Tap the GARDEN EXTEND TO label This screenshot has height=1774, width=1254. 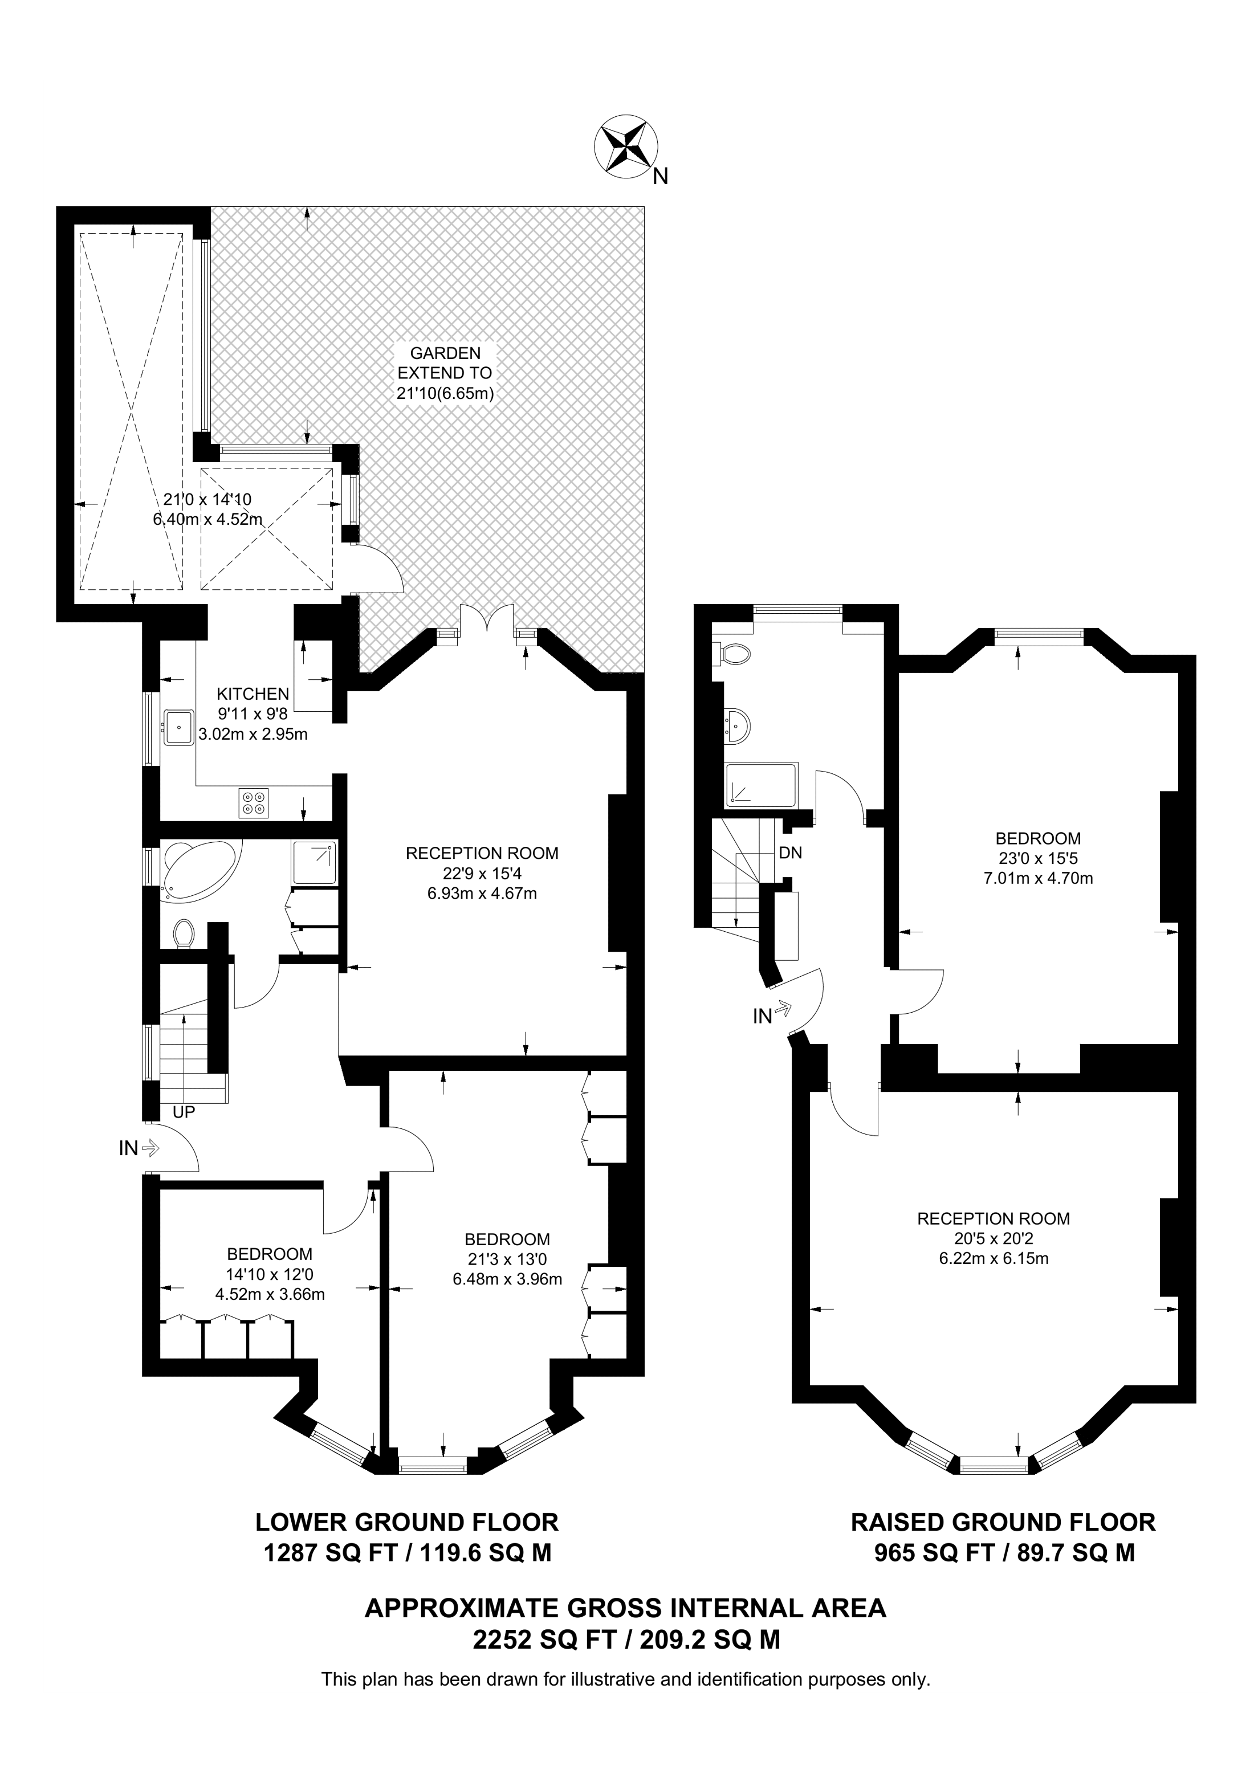click(445, 373)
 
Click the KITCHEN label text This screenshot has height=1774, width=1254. click(253, 694)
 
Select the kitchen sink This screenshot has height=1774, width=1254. click(179, 728)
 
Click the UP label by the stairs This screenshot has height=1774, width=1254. click(184, 1112)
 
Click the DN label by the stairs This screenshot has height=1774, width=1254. click(791, 853)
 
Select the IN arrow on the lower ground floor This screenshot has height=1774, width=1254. click(139, 1149)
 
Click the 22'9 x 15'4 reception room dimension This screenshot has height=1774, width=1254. click(482, 873)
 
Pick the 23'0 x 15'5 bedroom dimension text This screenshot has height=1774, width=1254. click(1037, 858)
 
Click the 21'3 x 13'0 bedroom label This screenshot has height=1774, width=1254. click(507, 1259)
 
